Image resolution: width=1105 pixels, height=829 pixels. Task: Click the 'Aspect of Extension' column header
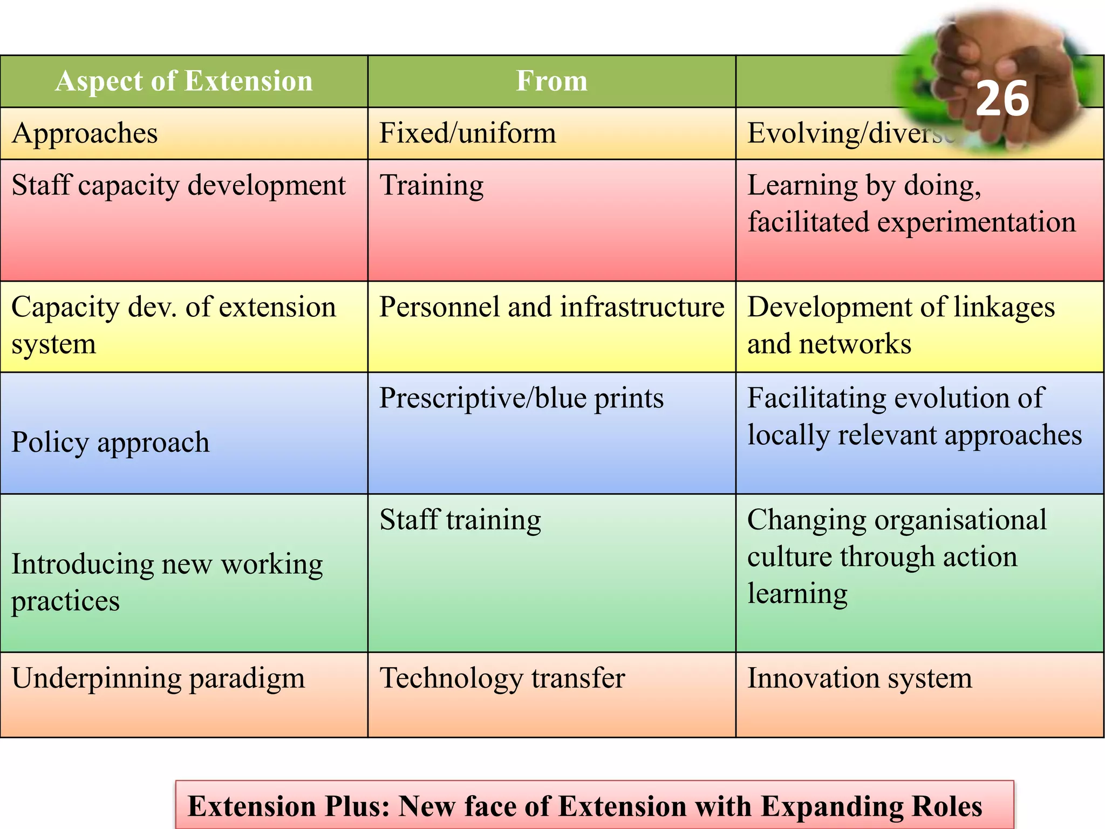[183, 81]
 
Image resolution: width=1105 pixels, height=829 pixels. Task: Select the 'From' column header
[551, 81]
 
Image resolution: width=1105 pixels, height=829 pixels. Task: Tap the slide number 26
[1002, 99]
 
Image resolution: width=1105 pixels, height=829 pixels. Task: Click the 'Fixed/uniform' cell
[467, 133]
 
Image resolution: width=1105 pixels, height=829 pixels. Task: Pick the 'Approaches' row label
[85, 133]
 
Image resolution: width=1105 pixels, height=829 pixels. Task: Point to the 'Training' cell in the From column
[432, 185]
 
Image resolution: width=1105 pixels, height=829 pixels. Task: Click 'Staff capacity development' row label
[179, 185]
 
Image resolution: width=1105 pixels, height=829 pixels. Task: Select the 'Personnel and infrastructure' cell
[551, 307]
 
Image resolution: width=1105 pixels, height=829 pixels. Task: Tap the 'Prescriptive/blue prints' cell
[521, 398]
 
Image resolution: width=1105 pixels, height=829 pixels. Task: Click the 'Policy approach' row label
[111, 442]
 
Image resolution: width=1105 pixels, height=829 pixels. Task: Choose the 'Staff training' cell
[460, 520]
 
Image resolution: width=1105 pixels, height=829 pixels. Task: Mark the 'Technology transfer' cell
[502, 678]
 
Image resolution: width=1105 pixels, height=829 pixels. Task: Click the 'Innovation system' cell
[860, 678]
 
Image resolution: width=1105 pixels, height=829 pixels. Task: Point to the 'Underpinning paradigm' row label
[158, 678]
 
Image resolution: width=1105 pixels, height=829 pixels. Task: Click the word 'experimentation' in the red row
[977, 222]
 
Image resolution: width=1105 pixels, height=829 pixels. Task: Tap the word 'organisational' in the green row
[960, 520]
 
